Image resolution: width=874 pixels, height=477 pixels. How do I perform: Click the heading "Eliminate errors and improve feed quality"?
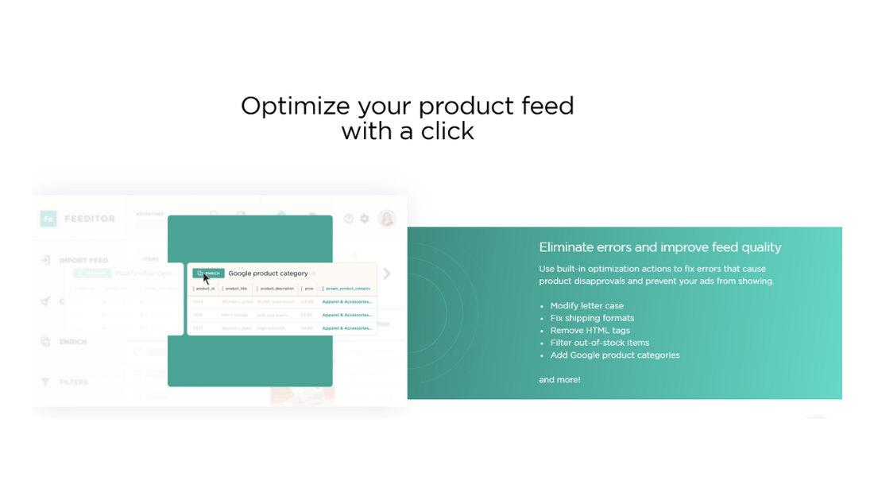tap(659, 247)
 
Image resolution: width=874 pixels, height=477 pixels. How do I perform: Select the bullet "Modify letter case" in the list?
tap(586, 305)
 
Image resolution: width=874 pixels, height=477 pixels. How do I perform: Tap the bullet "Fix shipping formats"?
tap(592, 318)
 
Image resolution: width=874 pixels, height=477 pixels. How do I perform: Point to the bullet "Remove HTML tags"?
tap(590, 331)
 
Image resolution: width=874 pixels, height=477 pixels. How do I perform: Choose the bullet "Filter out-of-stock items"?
tap(599, 343)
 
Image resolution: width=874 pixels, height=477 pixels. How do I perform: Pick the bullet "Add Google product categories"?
tap(614, 355)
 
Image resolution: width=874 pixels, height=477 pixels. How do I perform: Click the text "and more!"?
tap(559, 380)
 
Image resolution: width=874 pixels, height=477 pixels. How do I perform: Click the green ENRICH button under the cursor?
tap(209, 273)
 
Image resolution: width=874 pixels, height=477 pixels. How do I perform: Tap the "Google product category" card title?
tap(268, 273)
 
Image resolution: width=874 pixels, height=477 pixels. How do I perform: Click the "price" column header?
tap(308, 289)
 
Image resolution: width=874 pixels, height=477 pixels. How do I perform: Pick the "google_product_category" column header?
tap(347, 289)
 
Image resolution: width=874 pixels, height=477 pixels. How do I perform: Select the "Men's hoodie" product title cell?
tap(236, 315)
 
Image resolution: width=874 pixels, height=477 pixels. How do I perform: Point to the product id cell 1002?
tap(198, 328)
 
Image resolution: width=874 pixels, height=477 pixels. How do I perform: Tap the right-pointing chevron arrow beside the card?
tap(387, 273)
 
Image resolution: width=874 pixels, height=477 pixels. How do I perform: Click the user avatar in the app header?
tap(387, 219)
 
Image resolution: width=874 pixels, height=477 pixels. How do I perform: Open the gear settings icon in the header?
tap(365, 219)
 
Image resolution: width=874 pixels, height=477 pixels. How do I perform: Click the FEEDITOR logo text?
tap(89, 219)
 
